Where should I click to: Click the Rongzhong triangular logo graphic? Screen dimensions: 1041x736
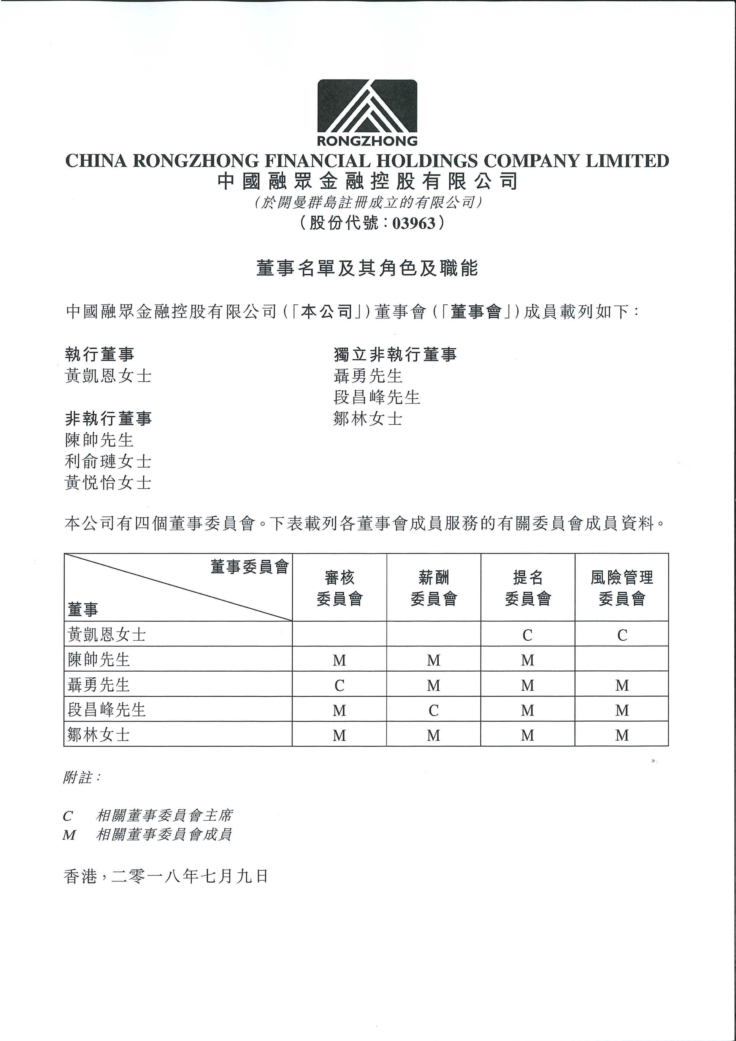(367, 106)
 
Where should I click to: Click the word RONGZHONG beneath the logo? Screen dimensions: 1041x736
(367, 141)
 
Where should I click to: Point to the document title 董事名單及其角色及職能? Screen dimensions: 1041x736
(367, 269)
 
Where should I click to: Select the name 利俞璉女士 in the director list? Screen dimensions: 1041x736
(108, 461)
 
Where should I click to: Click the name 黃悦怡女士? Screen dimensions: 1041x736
(108, 483)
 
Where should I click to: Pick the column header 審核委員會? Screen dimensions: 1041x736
(340, 588)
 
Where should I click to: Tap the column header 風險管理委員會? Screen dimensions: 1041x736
(622, 588)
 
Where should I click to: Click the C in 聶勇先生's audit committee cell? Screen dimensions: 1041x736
(340, 685)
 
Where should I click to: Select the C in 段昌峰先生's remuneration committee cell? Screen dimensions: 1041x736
(434, 710)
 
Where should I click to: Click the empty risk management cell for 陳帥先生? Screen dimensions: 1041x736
(622, 660)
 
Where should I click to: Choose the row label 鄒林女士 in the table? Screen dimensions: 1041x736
(99, 735)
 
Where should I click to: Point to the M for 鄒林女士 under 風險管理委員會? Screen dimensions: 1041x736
(622, 735)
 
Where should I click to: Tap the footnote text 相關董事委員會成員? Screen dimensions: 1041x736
(164, 835)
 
